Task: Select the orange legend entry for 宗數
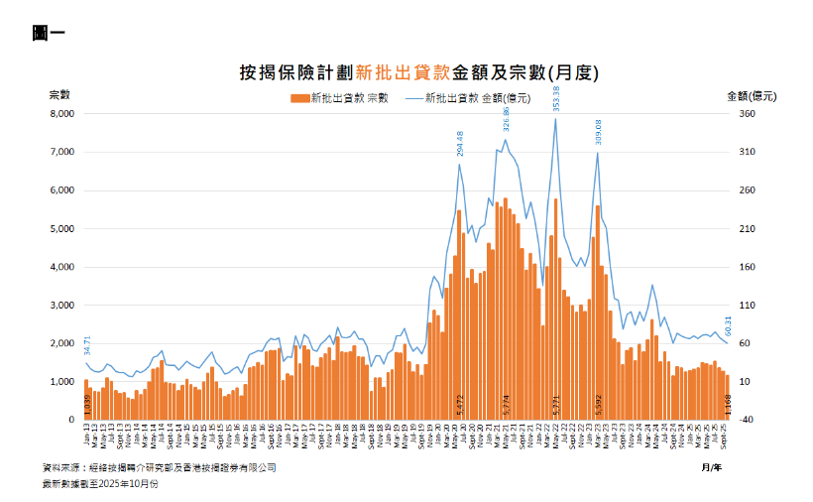point(338,98)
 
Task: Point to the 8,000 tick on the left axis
point(62,114)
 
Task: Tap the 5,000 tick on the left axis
point(62,229)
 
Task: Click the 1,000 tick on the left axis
point(62,382)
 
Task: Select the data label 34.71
point(87,344)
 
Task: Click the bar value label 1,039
point(87,405)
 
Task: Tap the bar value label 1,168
point(728,405)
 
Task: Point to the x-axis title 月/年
point(710,465)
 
